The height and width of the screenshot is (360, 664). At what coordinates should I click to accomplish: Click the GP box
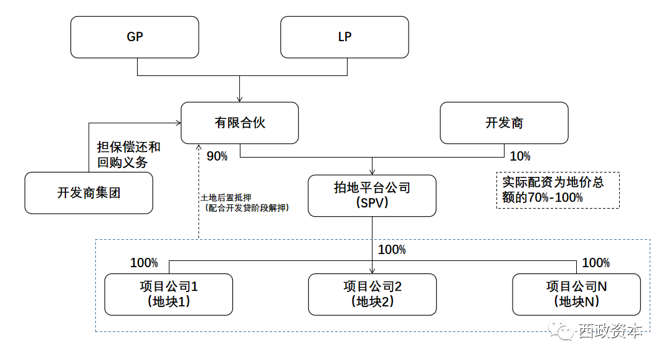[135, 37]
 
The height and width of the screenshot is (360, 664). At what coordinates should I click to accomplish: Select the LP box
[344, 37]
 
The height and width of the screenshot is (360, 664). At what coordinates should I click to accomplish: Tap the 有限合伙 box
[240, 123]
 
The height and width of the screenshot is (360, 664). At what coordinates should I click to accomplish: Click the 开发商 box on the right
[505, 123]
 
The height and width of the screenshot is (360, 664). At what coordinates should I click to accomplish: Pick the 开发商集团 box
[89, 193]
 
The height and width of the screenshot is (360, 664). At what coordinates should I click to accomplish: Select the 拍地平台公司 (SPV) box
[372, 196]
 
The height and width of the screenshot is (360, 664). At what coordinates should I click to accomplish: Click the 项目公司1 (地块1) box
[169, 295]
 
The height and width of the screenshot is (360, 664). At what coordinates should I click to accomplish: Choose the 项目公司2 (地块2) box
[372, 295]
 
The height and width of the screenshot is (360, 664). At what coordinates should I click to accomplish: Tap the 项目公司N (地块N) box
[576, 295]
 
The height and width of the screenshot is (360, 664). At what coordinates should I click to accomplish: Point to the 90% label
[217, 156]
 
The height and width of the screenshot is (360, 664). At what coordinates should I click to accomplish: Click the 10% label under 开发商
[520, 156]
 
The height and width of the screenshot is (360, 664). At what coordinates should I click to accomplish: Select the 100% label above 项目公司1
[144, 263]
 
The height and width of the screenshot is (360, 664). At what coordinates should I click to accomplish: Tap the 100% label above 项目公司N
[596, 263]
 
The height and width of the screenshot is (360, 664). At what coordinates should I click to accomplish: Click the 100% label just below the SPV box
[392, 250]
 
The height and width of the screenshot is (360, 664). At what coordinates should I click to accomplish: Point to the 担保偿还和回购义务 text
[129, 154]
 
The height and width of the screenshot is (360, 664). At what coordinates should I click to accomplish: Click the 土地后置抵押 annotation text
[226, 198]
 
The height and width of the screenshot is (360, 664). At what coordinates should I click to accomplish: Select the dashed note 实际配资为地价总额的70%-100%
[558, 190]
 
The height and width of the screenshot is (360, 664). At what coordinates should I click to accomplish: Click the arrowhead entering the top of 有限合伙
[240, 100]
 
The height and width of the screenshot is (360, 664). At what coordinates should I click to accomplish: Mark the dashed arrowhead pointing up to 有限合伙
[199, 148]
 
